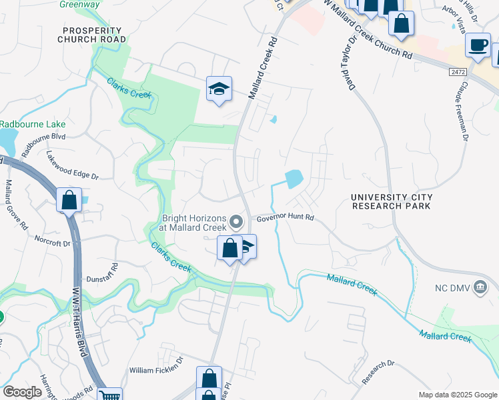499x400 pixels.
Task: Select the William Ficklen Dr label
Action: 155,369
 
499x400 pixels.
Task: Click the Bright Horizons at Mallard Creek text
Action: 192,222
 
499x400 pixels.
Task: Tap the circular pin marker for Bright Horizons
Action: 235,221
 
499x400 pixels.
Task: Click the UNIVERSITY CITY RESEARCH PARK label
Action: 392,201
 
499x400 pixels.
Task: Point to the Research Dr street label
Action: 378,373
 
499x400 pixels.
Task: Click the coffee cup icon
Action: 477,45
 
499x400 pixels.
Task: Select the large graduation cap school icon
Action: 218,89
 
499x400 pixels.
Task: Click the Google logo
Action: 22,392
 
